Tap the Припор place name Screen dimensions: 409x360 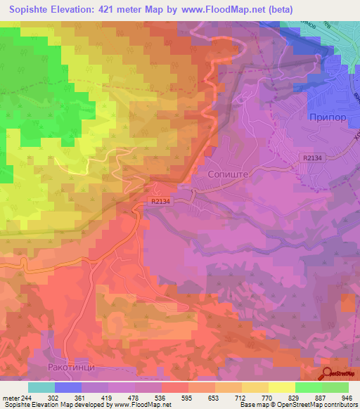pyautogui.click(x=328, y=118)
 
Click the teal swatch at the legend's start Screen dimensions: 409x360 pyautogui.click(x=41, y=387)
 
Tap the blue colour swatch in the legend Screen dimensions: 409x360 pyautogui.click(x=68, y=387)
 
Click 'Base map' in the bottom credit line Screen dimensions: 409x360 pyautogui.click(x=251, y=405)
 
